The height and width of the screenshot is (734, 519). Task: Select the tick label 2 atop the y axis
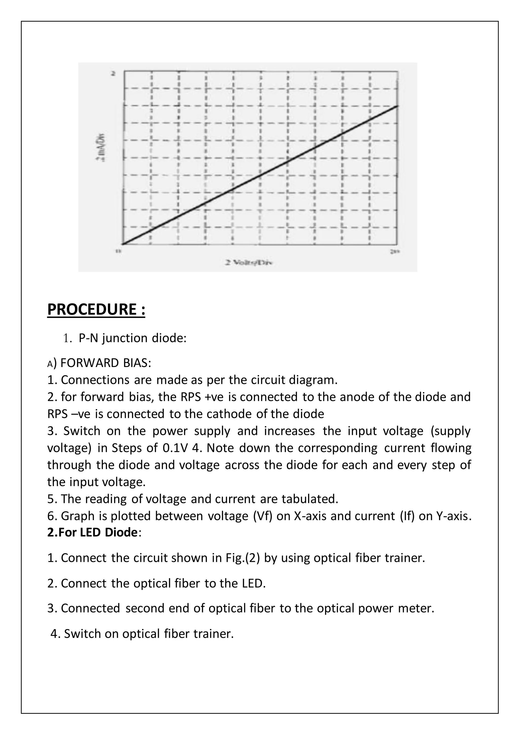point(113,74)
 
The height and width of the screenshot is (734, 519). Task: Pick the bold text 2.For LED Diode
point(92,532)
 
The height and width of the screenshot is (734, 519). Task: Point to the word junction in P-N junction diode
point(125,338)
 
